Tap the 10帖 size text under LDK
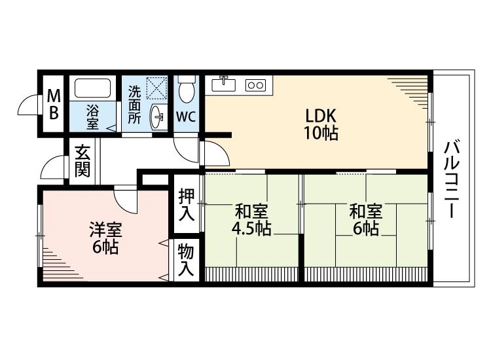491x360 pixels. tap(321, 135)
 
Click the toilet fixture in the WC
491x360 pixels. tap(186, 90)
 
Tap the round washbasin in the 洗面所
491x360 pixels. tap(158, 117)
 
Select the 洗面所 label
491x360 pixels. tap(134, 105)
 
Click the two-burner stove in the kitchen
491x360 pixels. tap(255, 84)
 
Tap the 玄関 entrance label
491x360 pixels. tap(82, 162)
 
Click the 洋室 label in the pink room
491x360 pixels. tap(104, 230)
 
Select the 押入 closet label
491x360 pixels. tap(186, 205)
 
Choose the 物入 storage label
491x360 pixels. tap(186, 260)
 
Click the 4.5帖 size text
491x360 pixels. tap(251, 229)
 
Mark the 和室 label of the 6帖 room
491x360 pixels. tap(365, 211)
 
